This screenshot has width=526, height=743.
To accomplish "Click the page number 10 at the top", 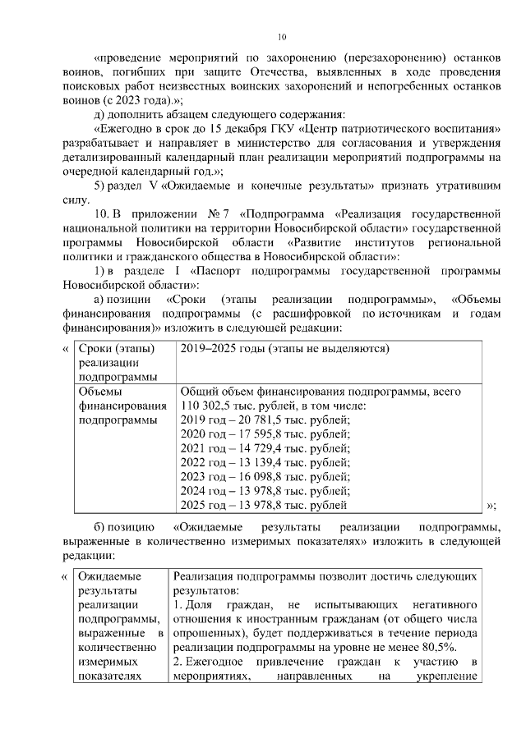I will [281, 37].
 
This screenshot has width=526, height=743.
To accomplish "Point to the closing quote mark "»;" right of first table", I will [491, 505].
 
